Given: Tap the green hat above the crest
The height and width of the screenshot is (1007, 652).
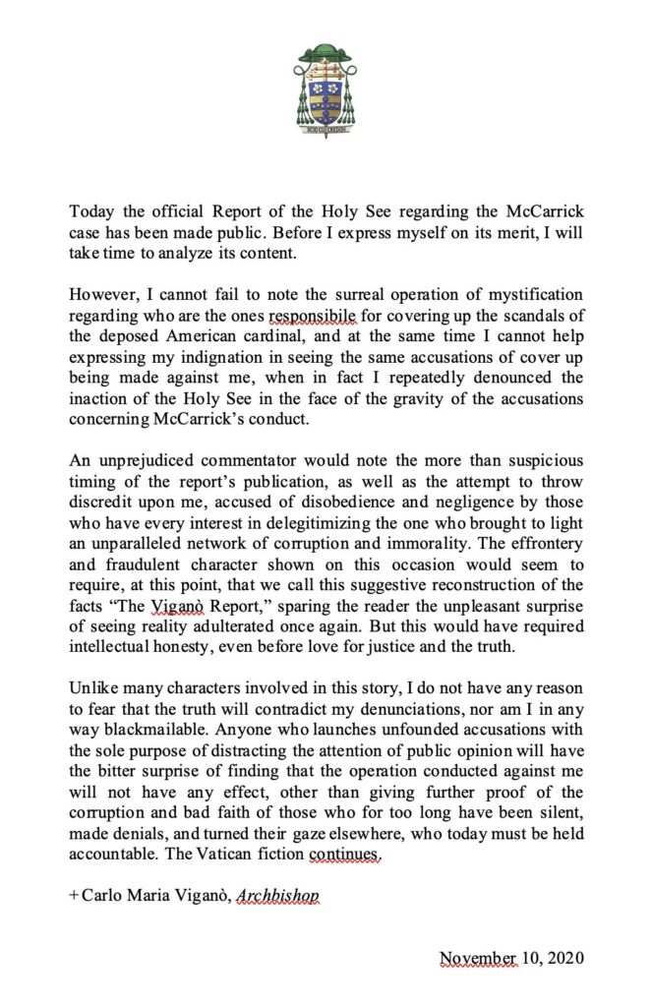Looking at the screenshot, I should (326, 52).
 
